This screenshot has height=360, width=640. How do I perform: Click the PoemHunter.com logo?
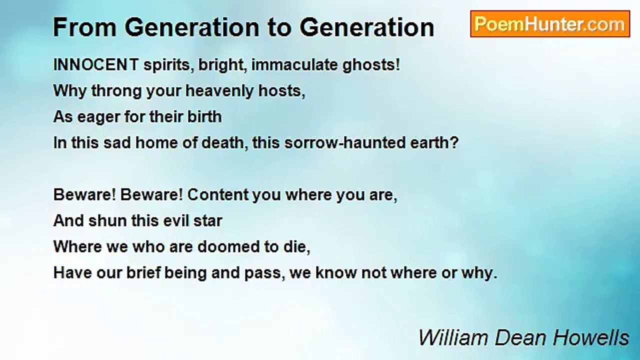550,24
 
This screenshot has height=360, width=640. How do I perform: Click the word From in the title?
85,27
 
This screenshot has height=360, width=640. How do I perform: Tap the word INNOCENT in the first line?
96,64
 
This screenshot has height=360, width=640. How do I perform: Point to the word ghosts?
371,65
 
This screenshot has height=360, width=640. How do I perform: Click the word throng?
116,91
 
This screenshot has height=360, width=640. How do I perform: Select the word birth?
204,116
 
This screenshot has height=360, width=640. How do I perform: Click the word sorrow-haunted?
345,142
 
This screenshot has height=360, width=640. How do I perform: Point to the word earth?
434,142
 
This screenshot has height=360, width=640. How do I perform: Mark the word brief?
143,272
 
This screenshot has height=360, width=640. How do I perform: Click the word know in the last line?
336,272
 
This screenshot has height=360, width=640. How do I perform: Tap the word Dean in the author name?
520,337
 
